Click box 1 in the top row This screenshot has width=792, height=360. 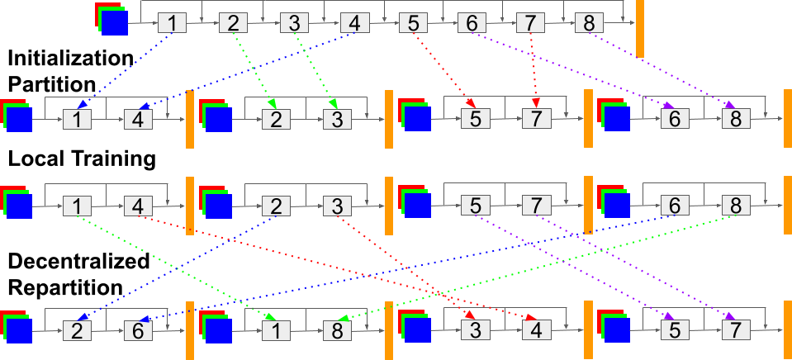pyautogui.click(x=172, y=24)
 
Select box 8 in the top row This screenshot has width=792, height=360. pyautogui.click(x=589, y=24)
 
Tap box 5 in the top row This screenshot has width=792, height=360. pyautogui.click(x=413, y=24)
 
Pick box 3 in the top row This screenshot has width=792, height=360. pyautogui.click(x=294, y=24)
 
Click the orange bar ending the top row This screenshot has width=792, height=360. pyautogui.click(x=640, y=28)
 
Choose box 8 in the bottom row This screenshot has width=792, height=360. pyautogui.click(x=338, y=330)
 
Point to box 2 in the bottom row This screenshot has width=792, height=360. pyautogui.click(x=78, y=330)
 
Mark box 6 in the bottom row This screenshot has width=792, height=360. pyautogui.click(x=138, y=330)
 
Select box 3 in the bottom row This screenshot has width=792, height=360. pyautogui.click(x=475, y=330)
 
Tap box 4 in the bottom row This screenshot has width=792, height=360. pyautogui.click(x=536, y=330)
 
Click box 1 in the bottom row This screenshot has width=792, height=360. pyautogui.click(x=277, y=330)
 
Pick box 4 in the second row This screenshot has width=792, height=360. pyautogui.click(x=138, y=119)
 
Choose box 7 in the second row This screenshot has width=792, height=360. pyautogui.click(x=536, y=119)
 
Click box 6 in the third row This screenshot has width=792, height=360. pyautogui.click(x=675, y=205)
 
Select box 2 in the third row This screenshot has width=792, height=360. pyautogui.click(x=277, y=205)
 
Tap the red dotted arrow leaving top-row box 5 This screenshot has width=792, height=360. pyautogui.click(x=442, y=70)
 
